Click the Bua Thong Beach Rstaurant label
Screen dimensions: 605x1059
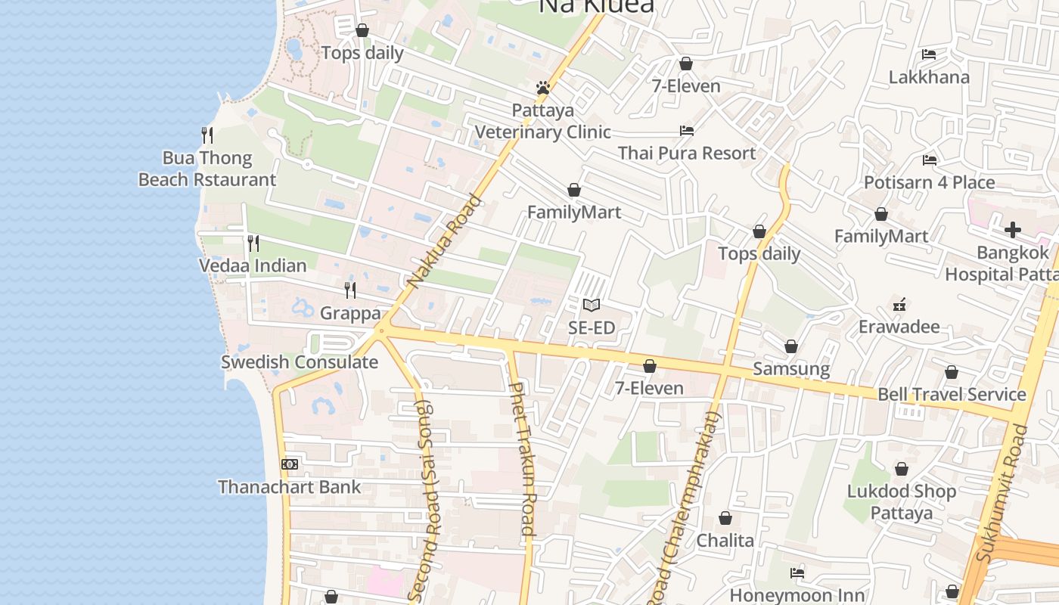click(207, 169)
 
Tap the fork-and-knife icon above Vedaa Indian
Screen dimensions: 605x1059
click(253, 244)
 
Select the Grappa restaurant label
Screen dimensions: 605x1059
click(350, 312)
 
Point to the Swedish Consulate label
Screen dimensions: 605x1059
click(300, 361)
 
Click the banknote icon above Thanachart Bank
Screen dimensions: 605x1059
click(290, 464)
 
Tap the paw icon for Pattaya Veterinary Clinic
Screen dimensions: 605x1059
click(542, 88)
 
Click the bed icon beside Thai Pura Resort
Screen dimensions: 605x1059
click(687, 131)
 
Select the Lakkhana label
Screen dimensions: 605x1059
click(929, 77)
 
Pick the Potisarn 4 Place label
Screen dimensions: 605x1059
click(930, 182)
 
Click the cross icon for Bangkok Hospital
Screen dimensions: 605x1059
click(1013, 230)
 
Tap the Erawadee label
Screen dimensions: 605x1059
click(899, 327)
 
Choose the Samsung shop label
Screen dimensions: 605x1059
click(791, 369)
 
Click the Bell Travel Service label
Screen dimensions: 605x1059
click(952, 394)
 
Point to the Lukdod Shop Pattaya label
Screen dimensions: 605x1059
click(902, 502)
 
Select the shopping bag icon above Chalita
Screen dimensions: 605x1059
click(725, 519)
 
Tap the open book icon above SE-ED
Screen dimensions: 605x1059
click(592, 306)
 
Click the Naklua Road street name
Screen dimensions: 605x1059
click(444, 241)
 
